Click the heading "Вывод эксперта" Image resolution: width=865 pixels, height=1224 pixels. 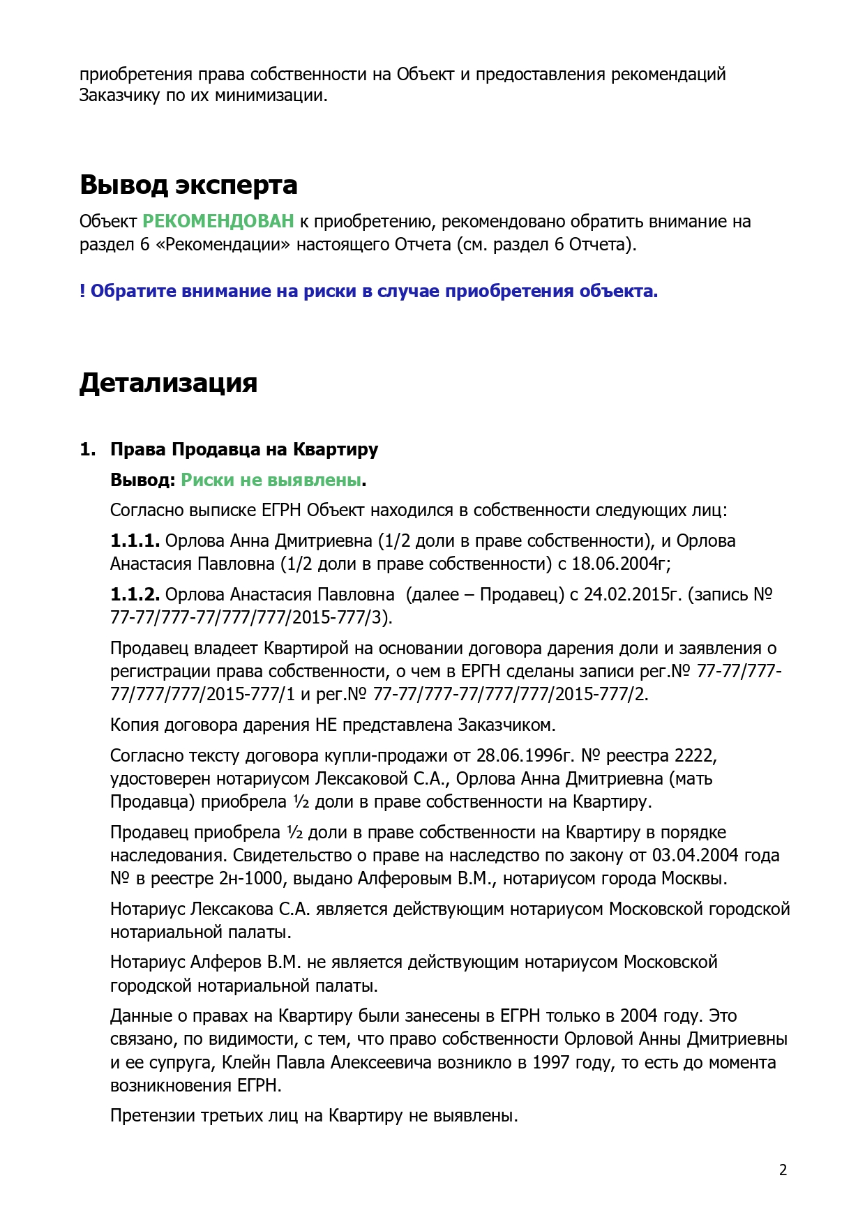tap(188, 185)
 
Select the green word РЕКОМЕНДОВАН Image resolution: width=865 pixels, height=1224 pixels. tap(218, 222)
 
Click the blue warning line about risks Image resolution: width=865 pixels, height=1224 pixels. tap(368, 292)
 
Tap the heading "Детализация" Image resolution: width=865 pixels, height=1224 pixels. tap(168, 383)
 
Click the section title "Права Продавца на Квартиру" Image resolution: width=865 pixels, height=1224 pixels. tap(244, 449)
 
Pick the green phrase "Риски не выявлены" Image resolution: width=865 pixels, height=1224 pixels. tap(271, 480)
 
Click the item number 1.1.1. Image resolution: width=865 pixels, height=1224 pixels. tap(135, 541)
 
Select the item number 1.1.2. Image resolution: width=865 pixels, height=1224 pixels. tap(135, 595)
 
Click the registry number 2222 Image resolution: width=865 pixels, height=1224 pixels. tap(694, 756)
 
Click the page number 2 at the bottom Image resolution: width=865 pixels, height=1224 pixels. tap(783, 1170)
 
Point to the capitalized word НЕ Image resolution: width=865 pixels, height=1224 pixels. tap(326, 725)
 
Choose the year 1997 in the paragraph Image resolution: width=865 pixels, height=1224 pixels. tap(552, 1063)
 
